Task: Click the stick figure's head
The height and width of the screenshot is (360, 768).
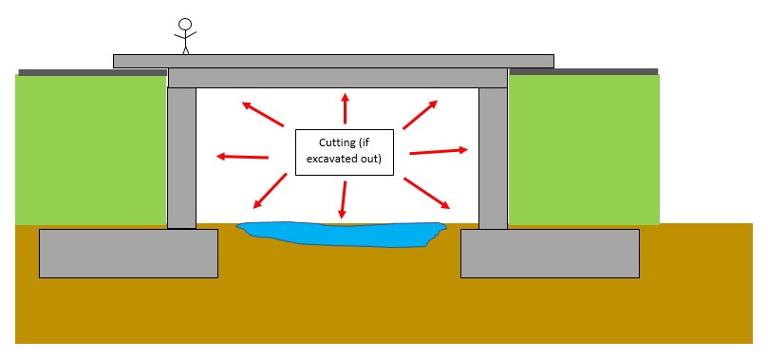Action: pyautogui.click(x=185, y=25)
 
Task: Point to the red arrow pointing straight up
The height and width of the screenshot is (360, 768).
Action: pyautogui.click(x=345, y=108)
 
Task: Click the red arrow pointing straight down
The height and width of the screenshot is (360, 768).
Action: pyautogui.click(x=343, y=199)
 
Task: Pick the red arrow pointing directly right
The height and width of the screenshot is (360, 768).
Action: pyautogui.click(x=438, y=151)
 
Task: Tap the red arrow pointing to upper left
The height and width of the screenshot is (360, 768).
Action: pyautogui.click(x=263, y=114)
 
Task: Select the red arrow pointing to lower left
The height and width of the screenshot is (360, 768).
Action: pyautogui.click(x=271, y=191)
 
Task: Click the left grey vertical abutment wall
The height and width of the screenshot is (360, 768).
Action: pyautogui.click(x=181, y=157)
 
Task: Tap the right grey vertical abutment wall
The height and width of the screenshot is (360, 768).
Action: pyautogui.click(x=493, y=157)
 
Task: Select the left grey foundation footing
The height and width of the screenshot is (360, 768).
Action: pyautogui.click(x=128, y=253)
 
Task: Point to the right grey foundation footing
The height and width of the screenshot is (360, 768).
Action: pyautogui.click(x=550, y=253)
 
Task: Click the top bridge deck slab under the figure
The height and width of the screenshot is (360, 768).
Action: pyautogui.click(x=332, y=61)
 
